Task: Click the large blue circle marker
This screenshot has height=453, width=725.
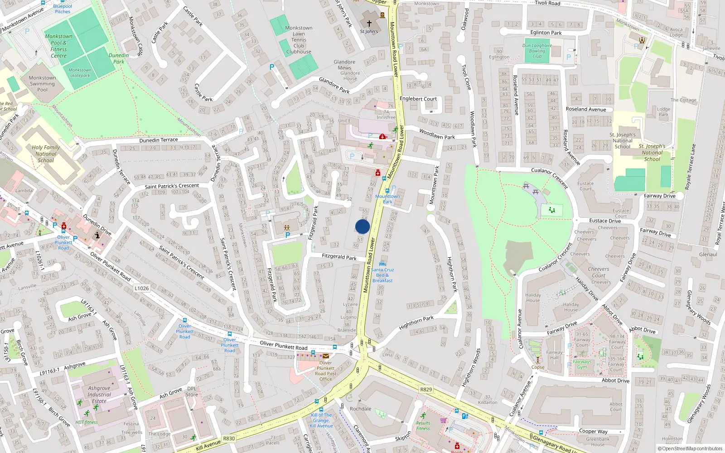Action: click(362, 226)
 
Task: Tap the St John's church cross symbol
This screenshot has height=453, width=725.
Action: click(369, 24)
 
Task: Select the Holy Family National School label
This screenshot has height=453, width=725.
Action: click(45, 154)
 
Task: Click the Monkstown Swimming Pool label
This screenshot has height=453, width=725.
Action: click(42, 84)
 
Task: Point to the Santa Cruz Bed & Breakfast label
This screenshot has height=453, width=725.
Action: click(382, 275)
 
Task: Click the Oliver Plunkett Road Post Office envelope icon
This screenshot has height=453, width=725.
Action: click(326, 356)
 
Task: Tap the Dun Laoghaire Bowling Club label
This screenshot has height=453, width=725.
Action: click(537, 51)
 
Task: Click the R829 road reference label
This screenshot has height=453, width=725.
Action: click(426, 389)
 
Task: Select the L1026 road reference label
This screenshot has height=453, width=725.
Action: click(141, 288)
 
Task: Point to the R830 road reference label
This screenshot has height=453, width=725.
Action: click(229, 438)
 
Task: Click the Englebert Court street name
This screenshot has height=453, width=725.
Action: click(418, 99)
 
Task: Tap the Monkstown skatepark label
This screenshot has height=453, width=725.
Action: click(80, 73)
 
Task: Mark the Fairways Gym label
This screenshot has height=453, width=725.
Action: click(582, 364)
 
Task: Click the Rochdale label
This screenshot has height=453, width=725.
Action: click(360, 409)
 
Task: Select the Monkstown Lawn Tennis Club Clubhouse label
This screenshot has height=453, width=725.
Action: click(299, 40)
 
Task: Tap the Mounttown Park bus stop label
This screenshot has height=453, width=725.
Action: click(387, 199)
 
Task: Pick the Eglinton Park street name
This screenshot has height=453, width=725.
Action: click(546, 33)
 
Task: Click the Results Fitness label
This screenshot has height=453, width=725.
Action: click(423, 426)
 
